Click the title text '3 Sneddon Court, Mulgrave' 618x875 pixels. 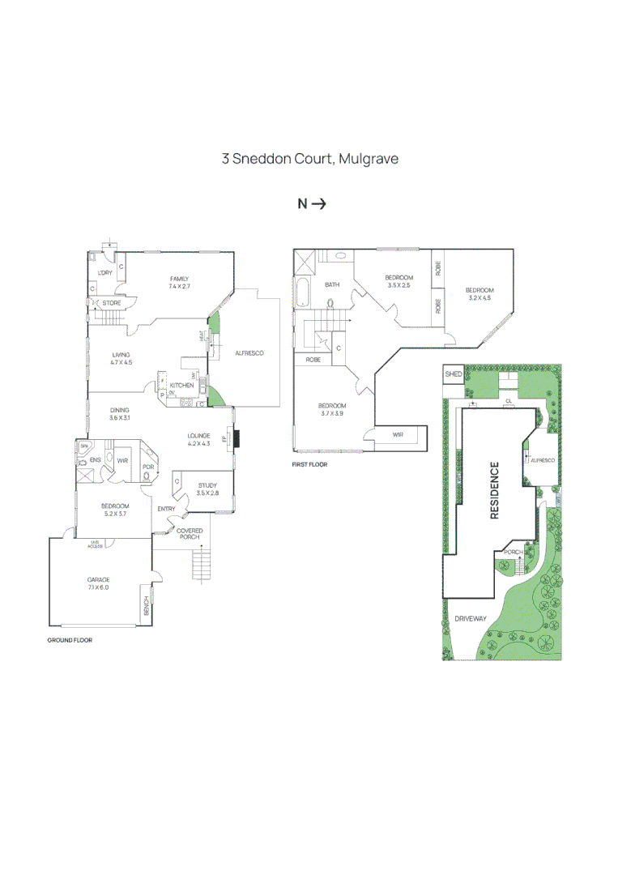309,159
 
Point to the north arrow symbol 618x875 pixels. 311,204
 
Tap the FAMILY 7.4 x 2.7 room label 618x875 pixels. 179,283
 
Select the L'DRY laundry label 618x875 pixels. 104,273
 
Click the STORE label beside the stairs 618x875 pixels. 112,303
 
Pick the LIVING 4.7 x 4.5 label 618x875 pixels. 121,359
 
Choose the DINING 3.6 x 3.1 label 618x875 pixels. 120,414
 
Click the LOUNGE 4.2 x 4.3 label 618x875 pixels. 198,439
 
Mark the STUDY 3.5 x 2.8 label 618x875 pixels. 207,489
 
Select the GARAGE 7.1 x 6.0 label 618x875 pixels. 98,583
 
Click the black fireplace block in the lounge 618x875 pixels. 238,438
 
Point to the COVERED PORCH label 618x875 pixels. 190,534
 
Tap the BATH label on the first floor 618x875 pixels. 332,285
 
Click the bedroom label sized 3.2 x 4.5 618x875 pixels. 479,294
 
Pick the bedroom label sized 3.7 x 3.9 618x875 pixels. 332,409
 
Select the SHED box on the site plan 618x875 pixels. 454,374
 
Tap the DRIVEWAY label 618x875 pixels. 471,618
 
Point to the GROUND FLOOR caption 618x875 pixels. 70,640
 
